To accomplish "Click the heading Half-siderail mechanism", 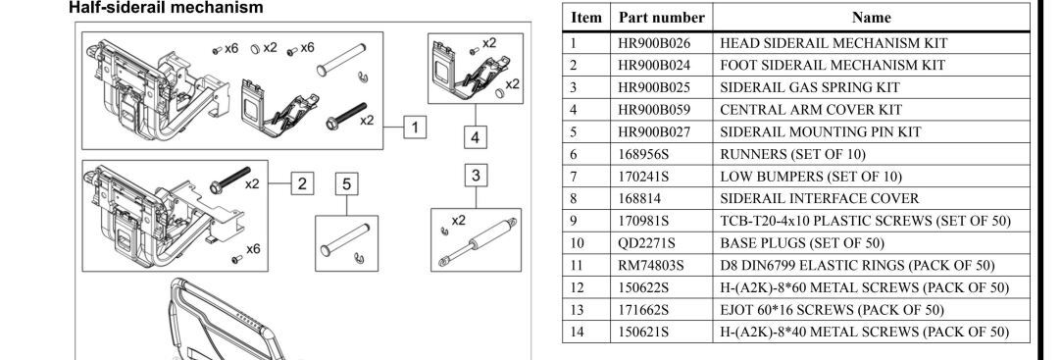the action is coord(166,8).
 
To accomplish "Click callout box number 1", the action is coord(415,127).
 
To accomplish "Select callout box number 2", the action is coord(302,182).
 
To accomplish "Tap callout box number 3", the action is coord(476,176).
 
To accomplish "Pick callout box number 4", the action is coord(476,136).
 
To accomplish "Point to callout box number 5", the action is coord(346,184).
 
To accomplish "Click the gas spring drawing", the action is coord(478,241).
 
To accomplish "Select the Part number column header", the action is coord(661,17).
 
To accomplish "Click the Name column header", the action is coord(871,17).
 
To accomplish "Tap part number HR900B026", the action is coord(654,42).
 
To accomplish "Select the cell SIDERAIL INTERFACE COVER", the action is coord(820,198).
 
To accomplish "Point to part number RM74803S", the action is coord(651,265).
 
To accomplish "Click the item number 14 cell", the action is coord(577,332).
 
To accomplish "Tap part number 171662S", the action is coord(643,310).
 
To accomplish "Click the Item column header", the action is coord(586,17).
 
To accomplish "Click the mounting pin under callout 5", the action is coord(344,239).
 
